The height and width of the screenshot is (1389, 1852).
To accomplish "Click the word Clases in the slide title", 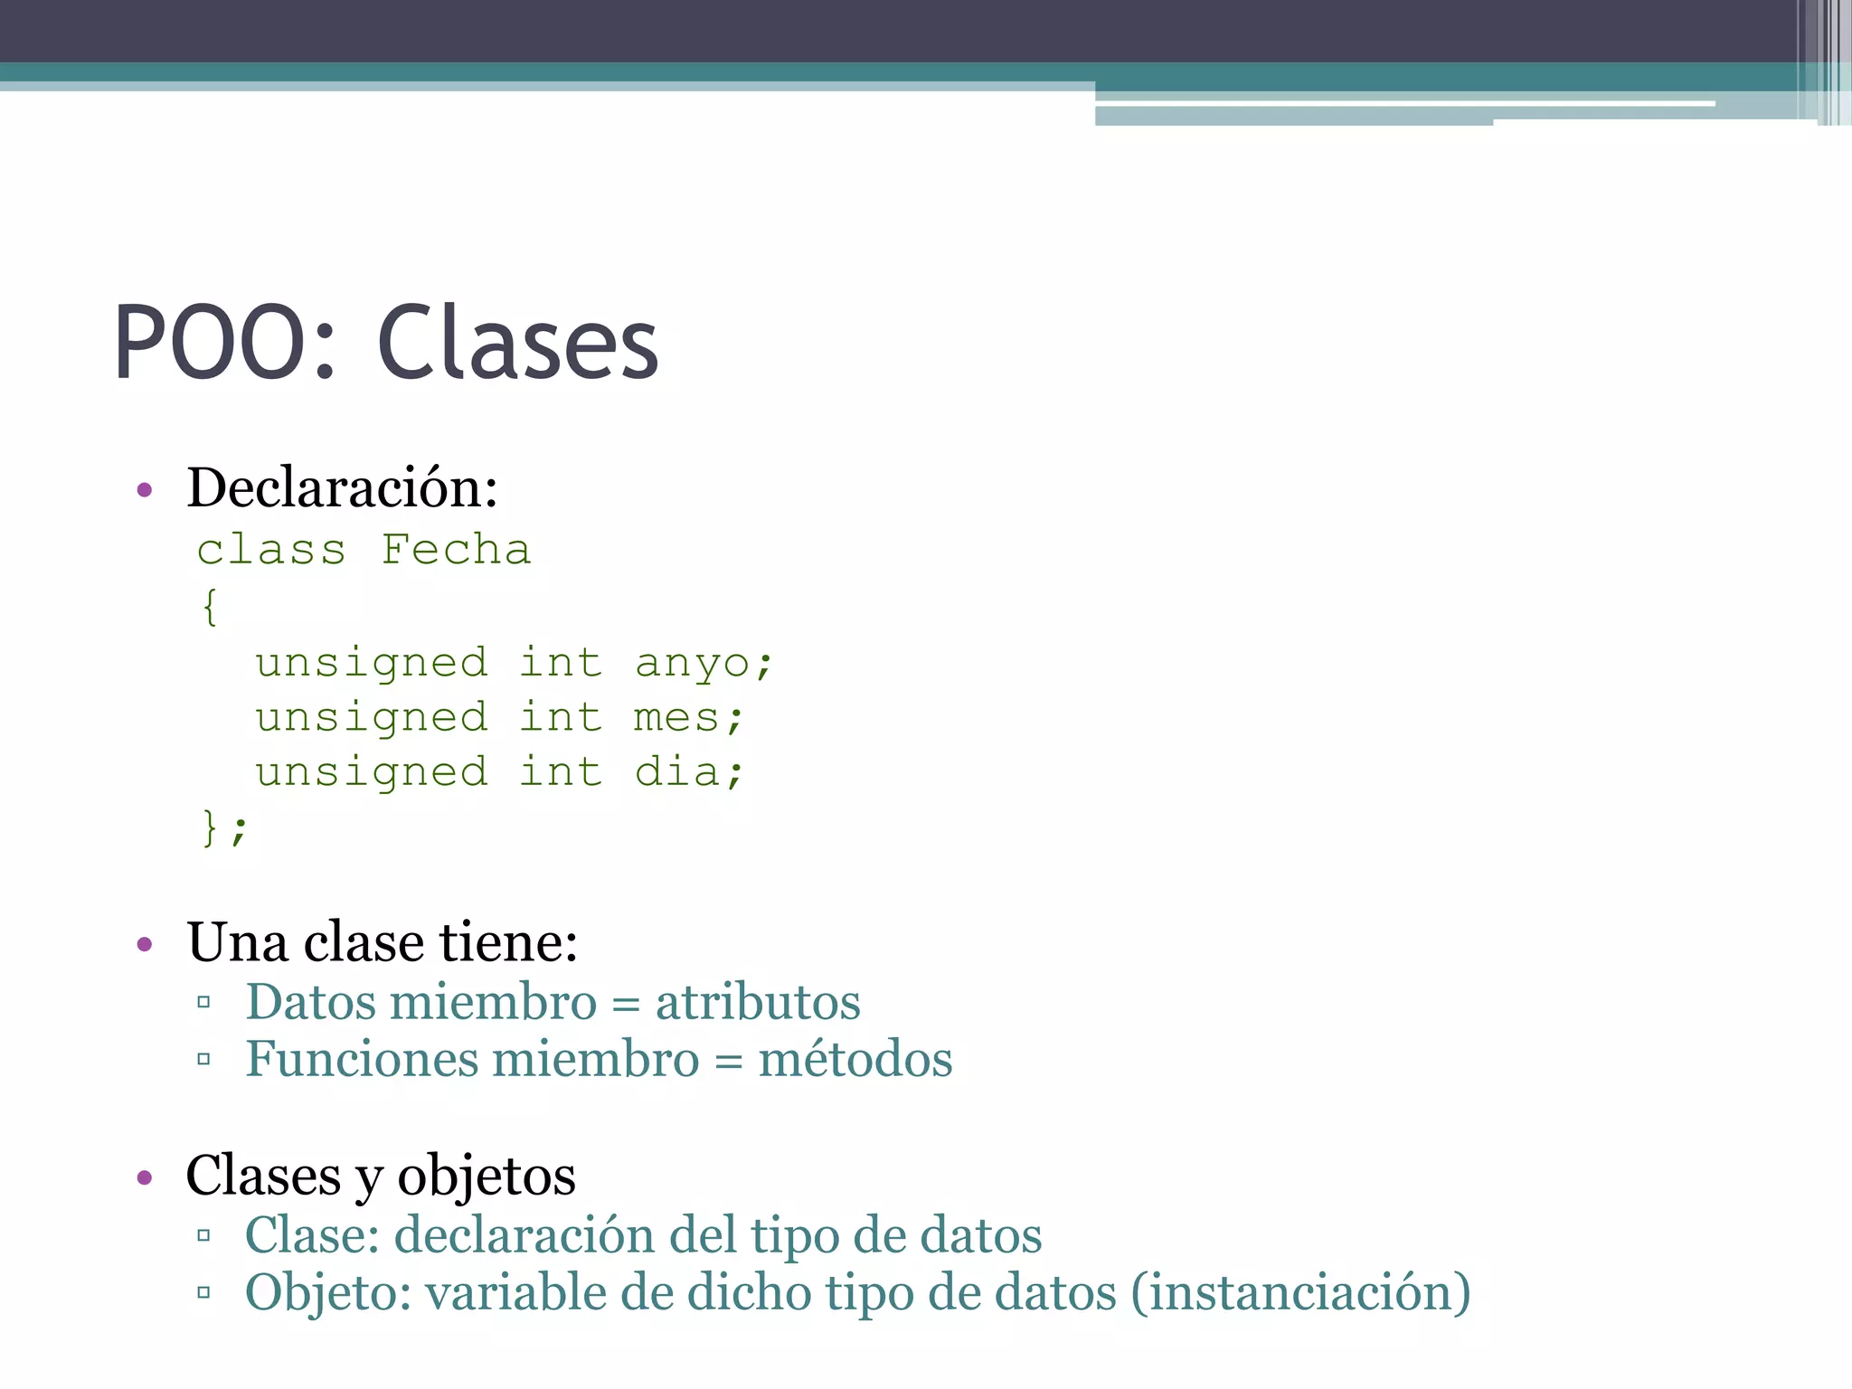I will click(x=517, y=344).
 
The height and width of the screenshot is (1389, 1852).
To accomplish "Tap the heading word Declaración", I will click(x=342, y=488).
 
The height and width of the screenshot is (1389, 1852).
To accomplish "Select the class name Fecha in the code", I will click(x=456, y=550).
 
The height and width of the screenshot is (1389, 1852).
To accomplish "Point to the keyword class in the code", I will click(x=271, y=550).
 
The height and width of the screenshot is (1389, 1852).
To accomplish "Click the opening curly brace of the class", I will click(x=210, y=606).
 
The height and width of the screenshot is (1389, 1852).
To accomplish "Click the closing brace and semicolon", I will click(x=222, y=827).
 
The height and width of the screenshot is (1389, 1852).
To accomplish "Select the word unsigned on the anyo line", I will click(x=372, y=663).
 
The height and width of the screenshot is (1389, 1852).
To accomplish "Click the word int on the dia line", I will click(x=561, y=772).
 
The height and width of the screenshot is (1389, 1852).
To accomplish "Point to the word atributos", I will click(x=758, y=1002).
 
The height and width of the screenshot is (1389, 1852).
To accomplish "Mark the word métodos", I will click(x=855, y=1059).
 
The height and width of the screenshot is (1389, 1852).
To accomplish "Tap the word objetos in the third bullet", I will click(x=487, y=1176).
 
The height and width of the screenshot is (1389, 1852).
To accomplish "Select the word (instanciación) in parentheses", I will click(x=1300, y=1292).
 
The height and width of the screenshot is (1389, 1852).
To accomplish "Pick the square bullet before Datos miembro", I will click(x=203, y=1002).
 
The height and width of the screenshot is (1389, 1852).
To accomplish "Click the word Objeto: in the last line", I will click(x=328, y=1292).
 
